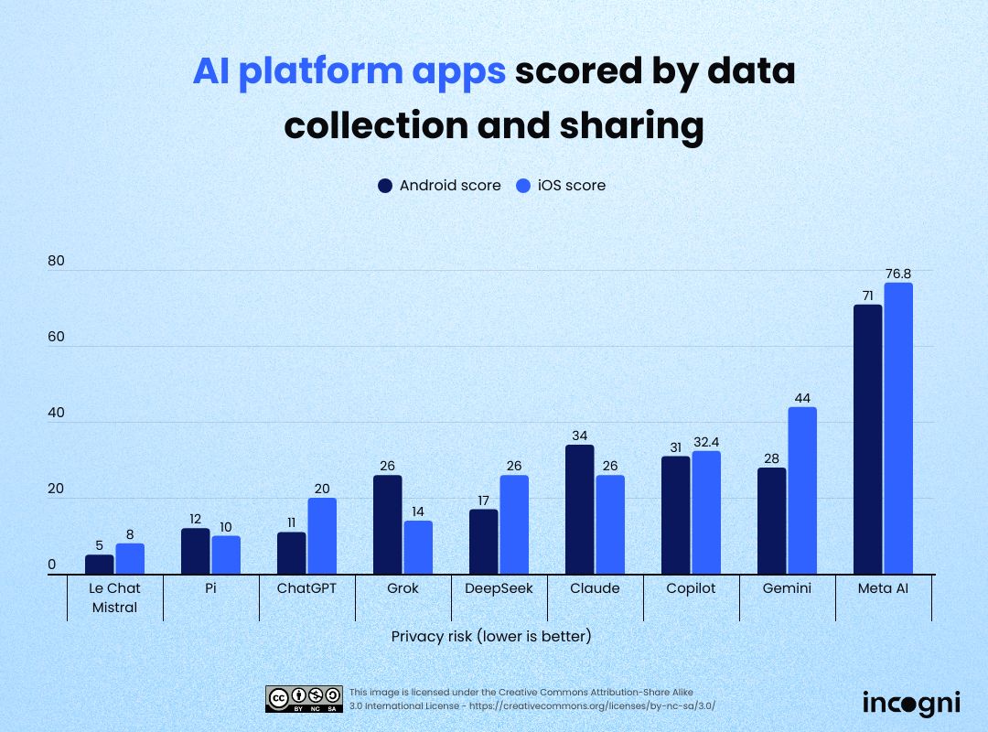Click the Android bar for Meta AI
867,439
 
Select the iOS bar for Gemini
801,490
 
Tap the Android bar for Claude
580,510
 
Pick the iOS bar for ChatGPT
322,536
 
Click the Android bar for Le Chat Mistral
100,565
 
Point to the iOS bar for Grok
418,547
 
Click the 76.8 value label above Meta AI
898,273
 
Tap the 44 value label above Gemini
802,397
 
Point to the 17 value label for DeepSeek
484,500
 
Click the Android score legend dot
385,186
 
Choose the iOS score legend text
572,186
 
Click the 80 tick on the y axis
57,261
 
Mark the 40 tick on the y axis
57,413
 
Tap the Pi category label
210,588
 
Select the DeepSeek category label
499,588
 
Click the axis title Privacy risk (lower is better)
491,636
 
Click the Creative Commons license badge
305,698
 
